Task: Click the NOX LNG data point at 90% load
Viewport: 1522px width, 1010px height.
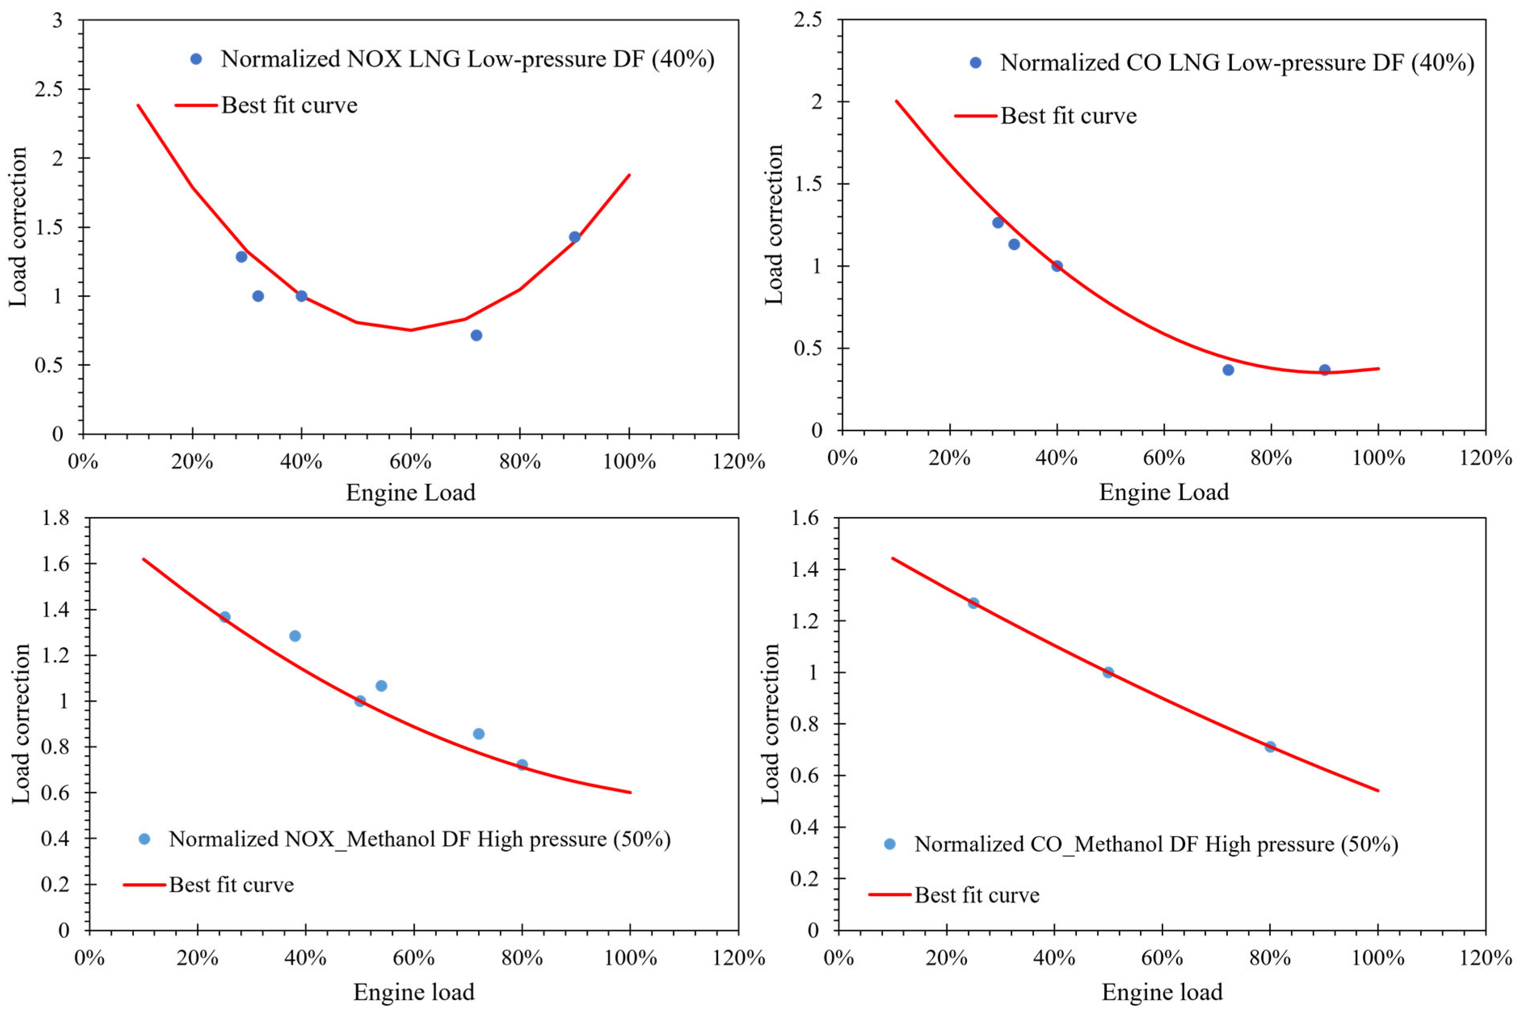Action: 574,237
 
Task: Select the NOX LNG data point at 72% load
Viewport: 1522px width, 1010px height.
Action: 476,335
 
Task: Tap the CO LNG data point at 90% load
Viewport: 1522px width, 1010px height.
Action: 1324,370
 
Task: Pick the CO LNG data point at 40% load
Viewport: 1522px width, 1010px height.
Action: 1057,266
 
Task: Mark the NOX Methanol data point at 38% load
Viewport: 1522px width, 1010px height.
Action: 295,636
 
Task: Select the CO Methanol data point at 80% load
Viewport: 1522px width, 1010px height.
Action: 1270,746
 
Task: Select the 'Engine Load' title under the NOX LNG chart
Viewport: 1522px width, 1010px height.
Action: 411,493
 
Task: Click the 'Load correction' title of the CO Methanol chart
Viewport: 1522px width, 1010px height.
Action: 771,723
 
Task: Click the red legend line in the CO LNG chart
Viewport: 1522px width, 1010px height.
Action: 976,116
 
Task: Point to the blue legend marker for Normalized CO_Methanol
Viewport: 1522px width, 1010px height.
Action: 890,844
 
